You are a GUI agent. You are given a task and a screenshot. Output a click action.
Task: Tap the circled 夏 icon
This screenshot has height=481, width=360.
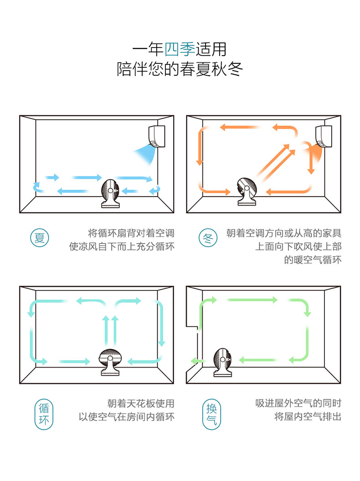[40, 238]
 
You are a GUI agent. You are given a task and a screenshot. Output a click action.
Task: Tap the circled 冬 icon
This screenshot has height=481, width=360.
[208, 238]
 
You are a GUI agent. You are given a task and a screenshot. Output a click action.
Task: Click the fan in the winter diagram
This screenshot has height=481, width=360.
[248, 191]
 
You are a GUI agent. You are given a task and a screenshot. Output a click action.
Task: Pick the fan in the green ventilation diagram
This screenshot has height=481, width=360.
[223, 362]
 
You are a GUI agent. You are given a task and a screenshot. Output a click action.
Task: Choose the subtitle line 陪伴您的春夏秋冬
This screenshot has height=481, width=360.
[180, 70]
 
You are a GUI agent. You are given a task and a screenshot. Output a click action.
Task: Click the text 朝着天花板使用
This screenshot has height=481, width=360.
[141, 403]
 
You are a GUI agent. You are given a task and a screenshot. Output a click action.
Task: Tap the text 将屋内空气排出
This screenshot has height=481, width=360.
[308, 416]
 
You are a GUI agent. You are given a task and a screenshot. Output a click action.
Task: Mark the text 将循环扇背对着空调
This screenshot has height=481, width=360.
[131, 233]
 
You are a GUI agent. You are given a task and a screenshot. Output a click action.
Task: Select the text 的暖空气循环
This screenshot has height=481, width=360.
[313, 260]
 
